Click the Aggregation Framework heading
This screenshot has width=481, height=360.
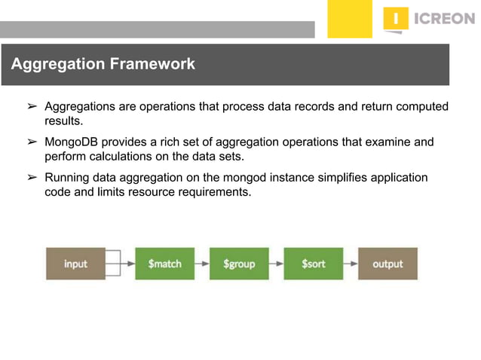[103, 65]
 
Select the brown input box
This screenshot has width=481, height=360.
[75, 264]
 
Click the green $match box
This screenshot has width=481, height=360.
[164, 264]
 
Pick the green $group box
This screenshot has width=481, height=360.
[239, 264]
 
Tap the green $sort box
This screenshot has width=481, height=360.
[313, 264]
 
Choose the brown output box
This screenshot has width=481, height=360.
[388, 264]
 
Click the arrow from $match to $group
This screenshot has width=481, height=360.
[201, 264]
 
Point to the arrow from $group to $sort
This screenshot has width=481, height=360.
[276, 264]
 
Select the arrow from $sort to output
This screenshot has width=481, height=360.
[350, 264]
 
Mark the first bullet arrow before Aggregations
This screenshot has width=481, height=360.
[32, 107]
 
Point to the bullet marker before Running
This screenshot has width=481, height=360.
[32, 178]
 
